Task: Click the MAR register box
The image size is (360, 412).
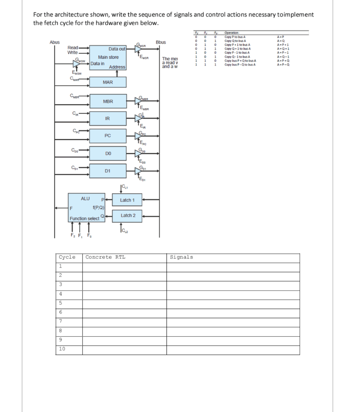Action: coord(108,82)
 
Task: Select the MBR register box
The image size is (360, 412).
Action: coord(108,101)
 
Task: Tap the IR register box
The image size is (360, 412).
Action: coord(107,119)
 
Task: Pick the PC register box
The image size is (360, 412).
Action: coord(107,136)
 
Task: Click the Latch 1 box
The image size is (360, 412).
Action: coord(127,200)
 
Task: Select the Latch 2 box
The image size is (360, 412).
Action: coord(127,216)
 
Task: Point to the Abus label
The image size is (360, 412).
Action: coord(55,42)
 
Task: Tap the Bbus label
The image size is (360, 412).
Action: coord(161,42)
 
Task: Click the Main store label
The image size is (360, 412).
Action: coord(108,57)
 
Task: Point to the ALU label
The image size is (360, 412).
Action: coord(86,198)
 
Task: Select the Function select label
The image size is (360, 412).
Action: coord(84,218)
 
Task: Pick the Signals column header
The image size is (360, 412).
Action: coord(181,257)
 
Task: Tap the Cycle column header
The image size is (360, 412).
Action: coord(67,257)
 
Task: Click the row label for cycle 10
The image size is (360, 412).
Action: coord(62,349)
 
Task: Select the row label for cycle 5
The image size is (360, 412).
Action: coord(60,303)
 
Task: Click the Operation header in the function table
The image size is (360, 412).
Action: coord(231,33)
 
